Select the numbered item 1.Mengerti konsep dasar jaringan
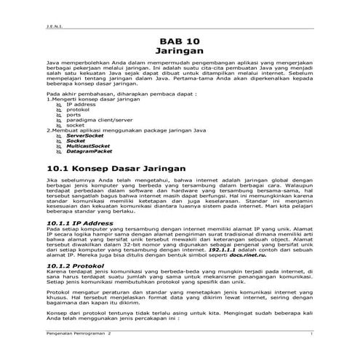[87, 99]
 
